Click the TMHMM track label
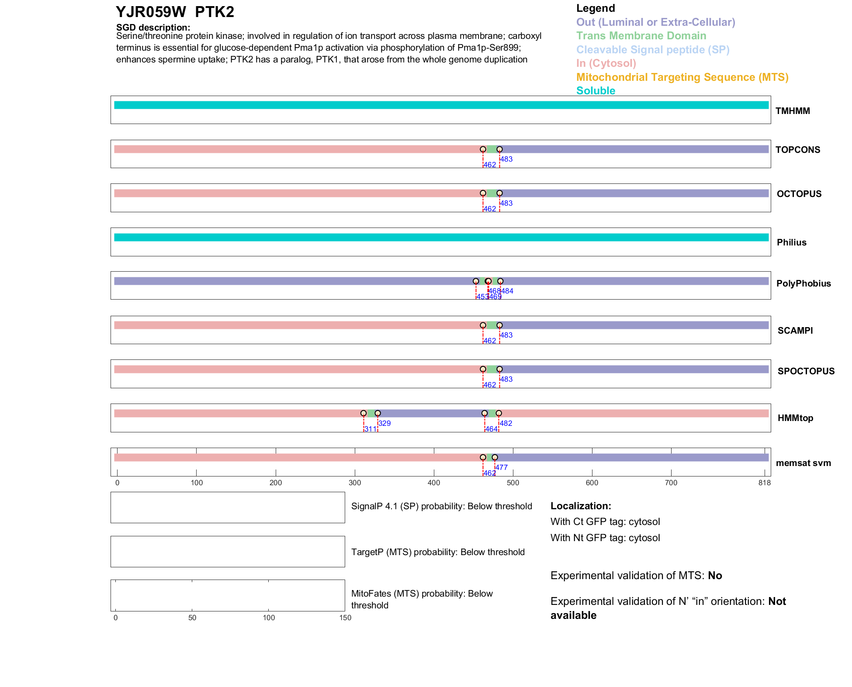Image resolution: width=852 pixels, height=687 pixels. pyautogui.click(x=792, y=111)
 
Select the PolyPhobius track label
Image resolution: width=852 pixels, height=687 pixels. pyautogui.click(x=803, y=283)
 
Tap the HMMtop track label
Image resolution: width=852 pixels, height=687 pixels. pyautogui.click(x=795, y=418)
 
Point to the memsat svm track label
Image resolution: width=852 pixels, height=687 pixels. pyautogui.click(x=803, y=463)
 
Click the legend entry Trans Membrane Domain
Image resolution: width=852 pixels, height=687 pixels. pyautogui.click(x=641, y=36)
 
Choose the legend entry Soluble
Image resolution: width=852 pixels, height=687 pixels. pyautogui.click(x=596, y=91)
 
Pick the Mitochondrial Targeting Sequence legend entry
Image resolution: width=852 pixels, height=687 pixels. pyautogui.click(x=682, y=77)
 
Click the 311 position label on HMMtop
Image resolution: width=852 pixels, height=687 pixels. pyautogui.click(x=370, y=429)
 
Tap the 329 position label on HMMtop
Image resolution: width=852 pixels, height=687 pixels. pyautogui.click(x=384, y=423)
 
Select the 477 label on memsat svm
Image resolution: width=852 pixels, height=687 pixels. pyautogui.click(x=501, y=467)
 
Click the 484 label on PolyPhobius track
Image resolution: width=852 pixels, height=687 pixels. pyautogui.click(x=507, y=291)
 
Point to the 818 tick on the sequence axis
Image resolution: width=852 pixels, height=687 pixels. pyautogui.click(x=764, y=483)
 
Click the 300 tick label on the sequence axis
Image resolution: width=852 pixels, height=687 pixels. pyautogui.click(x=355, y=483)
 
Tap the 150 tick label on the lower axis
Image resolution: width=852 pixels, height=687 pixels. pyautogui.click(x=345, y=618)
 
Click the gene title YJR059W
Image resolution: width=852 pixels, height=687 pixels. pyautogui.click(x=151, y=12)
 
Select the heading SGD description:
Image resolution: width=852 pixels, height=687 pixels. pyautogui.click(x=153, y=28)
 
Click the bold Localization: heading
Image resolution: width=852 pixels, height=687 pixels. pyautogui.click(x=581, y=506)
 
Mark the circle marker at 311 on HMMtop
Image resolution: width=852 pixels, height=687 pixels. pyautogui.click(x=364, y=413)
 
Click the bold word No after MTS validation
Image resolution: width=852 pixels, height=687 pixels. pyautogui.click(x=715, y=576)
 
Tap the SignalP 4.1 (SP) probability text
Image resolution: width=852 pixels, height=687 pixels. pyautogui.click(x=441, y=506)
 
